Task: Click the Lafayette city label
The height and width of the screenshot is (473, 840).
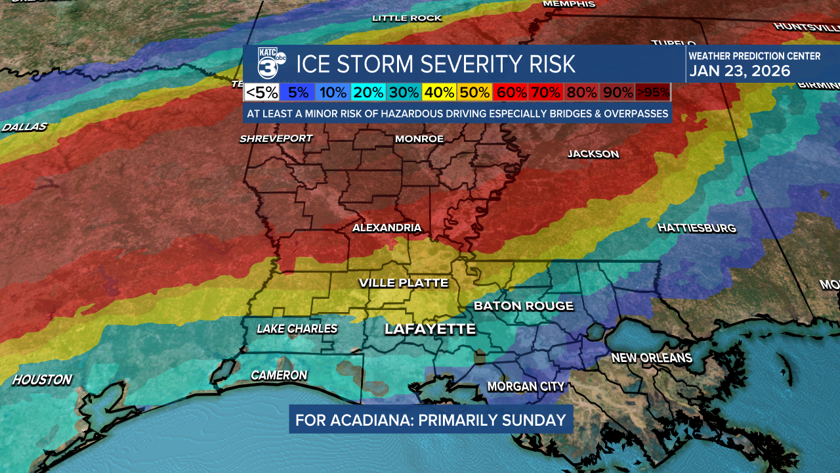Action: (x=430, y=329)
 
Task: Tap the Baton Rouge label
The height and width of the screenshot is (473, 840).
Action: (x=524, y=305)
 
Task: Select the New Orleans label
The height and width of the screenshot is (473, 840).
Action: (x=652, y=358)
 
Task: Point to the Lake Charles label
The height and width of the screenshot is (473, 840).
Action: (x=297, y=328)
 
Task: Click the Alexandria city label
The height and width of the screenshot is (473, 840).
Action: (x=387, y=227)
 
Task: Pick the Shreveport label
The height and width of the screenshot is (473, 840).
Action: (x=276, y=139)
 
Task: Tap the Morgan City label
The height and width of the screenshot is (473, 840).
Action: (x=526, y=386)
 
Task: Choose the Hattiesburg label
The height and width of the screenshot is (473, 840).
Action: (x=696, y=228)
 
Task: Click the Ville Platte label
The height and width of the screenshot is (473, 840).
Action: (x=404, y=283)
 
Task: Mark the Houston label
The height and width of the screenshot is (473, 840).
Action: (x=42, y=380)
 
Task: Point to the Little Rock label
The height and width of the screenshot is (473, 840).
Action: (x=407, y=18)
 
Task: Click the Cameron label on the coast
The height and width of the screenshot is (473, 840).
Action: (x=279, y=375)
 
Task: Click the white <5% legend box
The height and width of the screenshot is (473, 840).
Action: (x=262, y=93)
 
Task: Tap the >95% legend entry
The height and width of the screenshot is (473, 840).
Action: (x=653, y=93)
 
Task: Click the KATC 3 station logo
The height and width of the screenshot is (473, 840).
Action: (x=270, y=64)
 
